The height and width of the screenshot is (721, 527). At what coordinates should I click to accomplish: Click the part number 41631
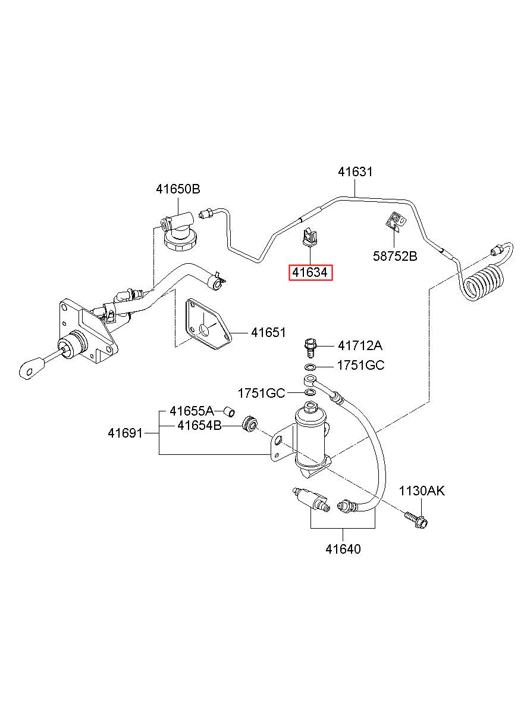355,171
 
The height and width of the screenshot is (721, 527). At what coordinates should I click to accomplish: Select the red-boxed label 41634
310,273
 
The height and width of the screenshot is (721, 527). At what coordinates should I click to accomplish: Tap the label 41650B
178,189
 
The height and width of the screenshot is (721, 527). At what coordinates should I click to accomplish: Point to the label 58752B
395,256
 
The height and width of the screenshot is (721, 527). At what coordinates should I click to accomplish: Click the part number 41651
268,332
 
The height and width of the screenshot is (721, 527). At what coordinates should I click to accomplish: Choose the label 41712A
360,346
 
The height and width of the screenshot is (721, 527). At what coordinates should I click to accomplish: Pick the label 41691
125,433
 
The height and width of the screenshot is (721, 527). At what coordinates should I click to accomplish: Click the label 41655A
192,411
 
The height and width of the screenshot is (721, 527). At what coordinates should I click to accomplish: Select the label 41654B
199,426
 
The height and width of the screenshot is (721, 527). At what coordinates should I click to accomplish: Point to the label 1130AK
422,491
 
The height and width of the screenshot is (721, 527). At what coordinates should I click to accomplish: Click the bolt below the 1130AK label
416,520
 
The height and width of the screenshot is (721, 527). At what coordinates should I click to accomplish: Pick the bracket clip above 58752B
395,222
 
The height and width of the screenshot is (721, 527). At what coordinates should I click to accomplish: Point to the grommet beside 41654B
250,425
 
